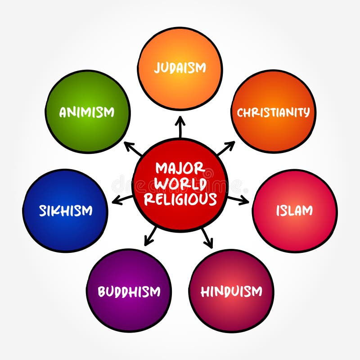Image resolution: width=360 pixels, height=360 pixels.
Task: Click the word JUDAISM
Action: point(180,68)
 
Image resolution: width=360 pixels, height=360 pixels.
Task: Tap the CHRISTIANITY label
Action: point(274,112)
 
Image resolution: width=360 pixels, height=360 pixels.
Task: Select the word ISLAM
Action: point(294,211)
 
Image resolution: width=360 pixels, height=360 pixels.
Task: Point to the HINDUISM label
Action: point(231,292)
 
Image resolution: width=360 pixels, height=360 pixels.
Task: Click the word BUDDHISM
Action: point(129,292)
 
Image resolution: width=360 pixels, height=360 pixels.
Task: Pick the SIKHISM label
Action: point(66,211)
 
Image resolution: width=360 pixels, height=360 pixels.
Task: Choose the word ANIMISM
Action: point(87,112)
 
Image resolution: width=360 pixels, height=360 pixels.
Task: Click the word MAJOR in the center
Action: point(180,169)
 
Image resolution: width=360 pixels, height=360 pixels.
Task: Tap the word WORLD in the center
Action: point(180,184)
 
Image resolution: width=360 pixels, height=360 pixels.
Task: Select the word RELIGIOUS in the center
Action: point(180,199)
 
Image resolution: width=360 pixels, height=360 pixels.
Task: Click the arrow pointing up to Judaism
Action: point(180,127)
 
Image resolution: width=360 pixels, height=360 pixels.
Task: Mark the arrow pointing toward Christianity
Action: point(226,148)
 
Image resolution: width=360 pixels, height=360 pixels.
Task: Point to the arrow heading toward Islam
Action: point(238,200)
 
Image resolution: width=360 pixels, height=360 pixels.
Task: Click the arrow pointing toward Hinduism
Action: point(207,237)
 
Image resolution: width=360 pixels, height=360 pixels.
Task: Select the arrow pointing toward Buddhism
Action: point(151,236)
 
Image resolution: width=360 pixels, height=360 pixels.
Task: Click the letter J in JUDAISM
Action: point(157,68)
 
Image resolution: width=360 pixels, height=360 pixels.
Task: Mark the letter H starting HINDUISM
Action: point(205,292)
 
